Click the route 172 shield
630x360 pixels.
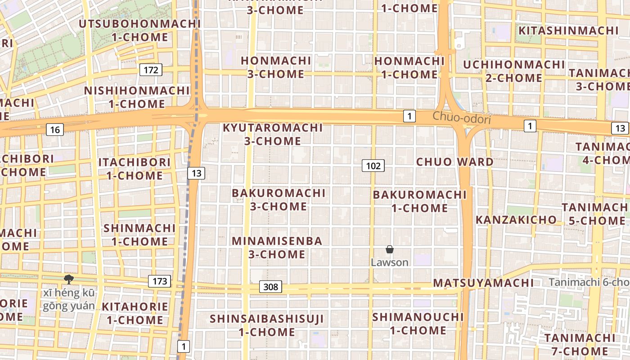(151, 70)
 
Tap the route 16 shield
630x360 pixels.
(55, 130)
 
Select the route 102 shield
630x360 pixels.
(373, 166)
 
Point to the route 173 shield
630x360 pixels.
(160, 282)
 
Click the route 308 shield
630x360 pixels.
(270, 287)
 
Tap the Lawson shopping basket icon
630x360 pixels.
(390, 249)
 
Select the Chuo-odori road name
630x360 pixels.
(461, 118)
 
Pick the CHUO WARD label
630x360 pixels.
(454, 162)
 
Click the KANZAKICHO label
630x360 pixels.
(516, 220)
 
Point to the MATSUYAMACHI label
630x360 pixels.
(483, 283)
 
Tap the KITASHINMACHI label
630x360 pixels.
(569, 31)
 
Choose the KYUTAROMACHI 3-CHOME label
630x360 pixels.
(273, 134)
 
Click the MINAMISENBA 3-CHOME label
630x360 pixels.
(277, 247)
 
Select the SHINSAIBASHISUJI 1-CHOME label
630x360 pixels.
(267, 325)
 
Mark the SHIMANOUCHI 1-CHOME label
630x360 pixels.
(418, 324)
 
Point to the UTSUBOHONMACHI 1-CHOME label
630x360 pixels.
(139, 30)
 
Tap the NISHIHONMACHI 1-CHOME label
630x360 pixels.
(137, 97)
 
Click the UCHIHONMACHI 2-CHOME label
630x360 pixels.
(513, 71)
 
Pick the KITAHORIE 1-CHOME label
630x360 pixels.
(135, 313)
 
